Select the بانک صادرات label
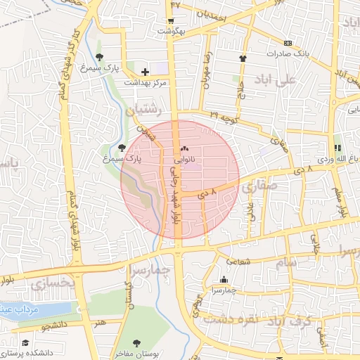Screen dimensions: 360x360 [x=288, y=53]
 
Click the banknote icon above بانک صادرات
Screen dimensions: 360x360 [x=288, y=44]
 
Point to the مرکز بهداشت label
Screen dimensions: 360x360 [x=146, y=82]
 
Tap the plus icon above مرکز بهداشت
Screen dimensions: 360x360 [x=146, y=72]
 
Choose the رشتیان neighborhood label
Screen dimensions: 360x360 [x=143, y=110]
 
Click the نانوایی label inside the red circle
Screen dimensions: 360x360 [x=186, y=160]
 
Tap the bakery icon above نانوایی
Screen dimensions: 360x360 [x=186, y=149]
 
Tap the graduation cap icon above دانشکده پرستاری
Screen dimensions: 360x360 [x=26, y=343]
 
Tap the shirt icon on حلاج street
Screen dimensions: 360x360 [x=243, y=59]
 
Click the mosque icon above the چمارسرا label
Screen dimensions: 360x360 [x=224, y=279]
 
